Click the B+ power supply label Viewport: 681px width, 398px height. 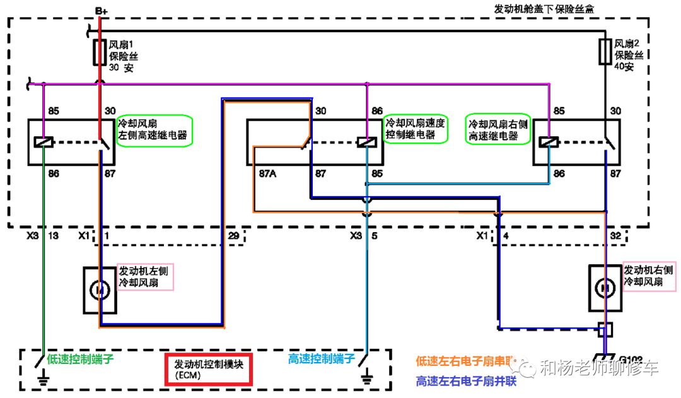click(x=102, y=10)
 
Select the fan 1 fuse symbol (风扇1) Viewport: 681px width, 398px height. click(x=100, y=53)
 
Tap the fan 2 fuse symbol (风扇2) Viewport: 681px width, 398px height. click(x=605, y=52)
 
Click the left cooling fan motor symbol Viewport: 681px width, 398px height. click(x=100, y=290)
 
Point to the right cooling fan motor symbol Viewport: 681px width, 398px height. click(x=605, y=288)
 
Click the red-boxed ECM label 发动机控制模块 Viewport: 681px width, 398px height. click(x=208, y=369)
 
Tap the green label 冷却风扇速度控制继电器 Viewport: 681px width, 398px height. click(x=416, y=128)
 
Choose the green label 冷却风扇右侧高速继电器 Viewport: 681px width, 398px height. click(x=498, y=129)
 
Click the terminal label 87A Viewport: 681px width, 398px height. click(x=267, y=172)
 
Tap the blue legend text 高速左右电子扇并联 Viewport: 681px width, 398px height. click(x=467, y=381)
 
